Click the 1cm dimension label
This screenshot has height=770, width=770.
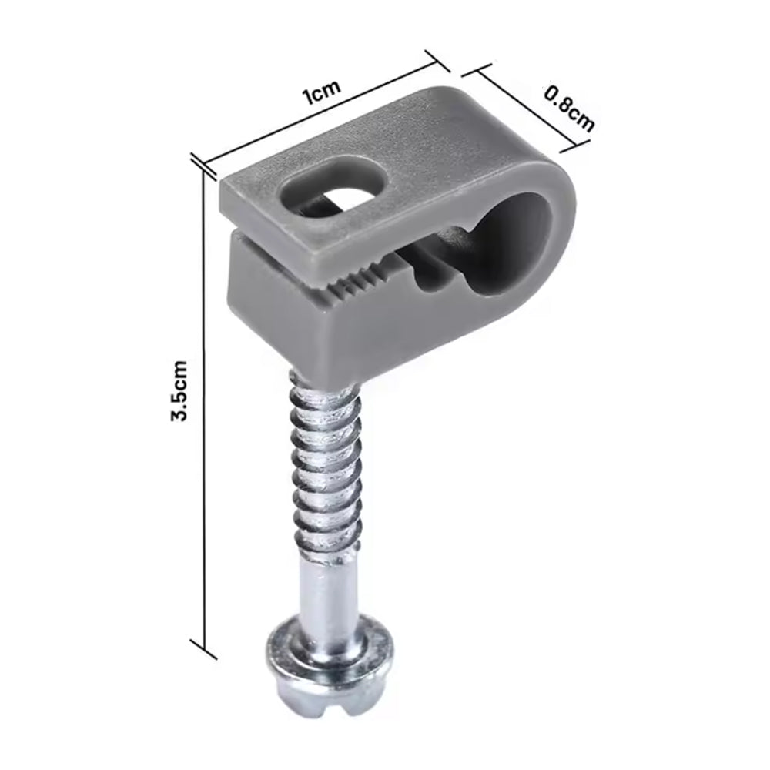322,92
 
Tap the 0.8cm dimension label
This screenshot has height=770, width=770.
570,109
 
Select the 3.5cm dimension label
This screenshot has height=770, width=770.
179,390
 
